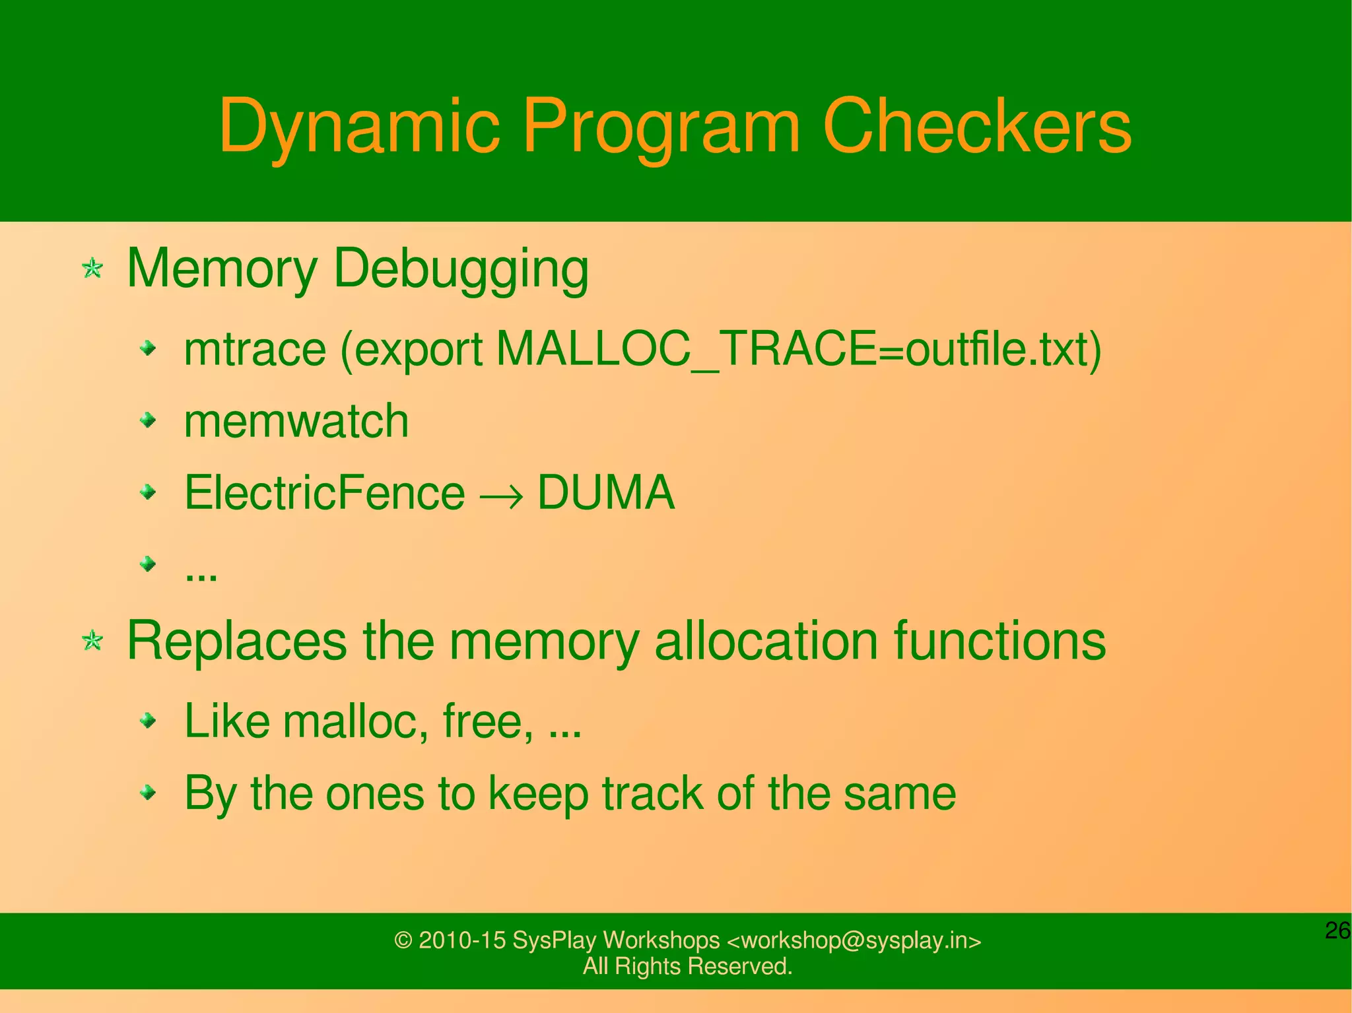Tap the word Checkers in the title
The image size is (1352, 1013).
click(x=976, y=125)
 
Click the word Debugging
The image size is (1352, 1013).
click(x=461, y=269)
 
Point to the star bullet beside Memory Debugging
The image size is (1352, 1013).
click(x=92, y=269)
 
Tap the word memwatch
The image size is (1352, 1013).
click(x=296, y=421)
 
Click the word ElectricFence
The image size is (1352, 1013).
click(x=324, y=492)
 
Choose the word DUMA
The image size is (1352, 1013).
click(x=606, y=492)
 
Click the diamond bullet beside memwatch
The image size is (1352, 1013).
click(x=149, y=420)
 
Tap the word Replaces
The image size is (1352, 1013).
click(x=236, y=640)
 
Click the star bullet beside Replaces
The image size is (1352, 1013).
click(x=92, y=640)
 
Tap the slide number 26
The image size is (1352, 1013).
click(x=1337, y=931)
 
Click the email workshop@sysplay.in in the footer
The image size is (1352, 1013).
click(x=854, y=940)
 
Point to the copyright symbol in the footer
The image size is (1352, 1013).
click(x=403, y=940)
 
